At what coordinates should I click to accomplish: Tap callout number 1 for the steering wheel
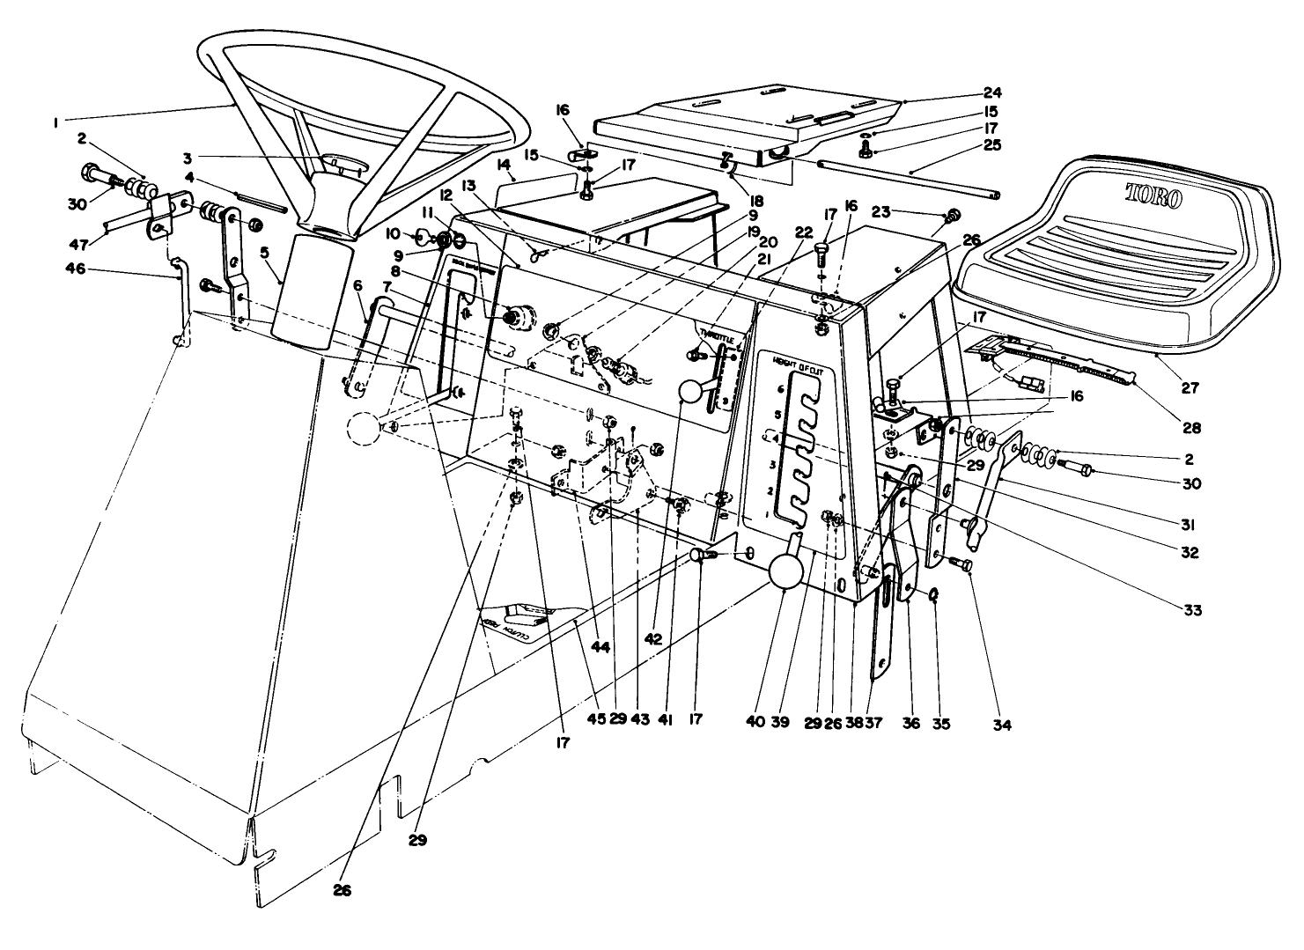pos(55,124)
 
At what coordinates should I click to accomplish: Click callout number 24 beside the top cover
pos(968,92)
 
